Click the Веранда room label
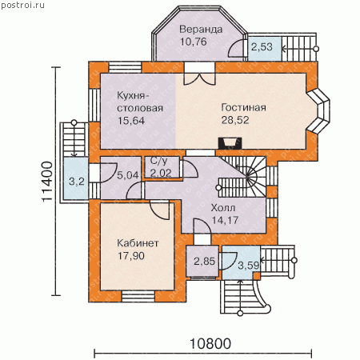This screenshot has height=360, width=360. (201, 29)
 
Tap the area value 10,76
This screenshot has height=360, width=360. (194, 42)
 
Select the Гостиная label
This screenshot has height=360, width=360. (243, 107)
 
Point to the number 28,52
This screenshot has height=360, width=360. (235, 120)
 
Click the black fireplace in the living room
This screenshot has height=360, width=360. (230, 143)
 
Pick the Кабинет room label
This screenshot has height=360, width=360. (138, 243)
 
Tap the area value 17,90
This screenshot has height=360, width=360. (131, 256)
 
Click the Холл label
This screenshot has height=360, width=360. (223, 208)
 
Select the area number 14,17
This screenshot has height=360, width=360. (225, 220)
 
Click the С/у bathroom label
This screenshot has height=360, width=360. (158, 161)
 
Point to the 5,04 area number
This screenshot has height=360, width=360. (128, 175)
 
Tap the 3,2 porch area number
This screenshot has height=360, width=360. (77, 182)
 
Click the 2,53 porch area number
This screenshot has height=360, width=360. (262, 47)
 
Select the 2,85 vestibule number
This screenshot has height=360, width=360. (204, 262)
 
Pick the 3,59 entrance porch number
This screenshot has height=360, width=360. (249, 266)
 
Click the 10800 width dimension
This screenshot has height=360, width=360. (210, 344)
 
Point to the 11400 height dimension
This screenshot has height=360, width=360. (47, 181)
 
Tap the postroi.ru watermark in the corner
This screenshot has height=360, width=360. (23, 6)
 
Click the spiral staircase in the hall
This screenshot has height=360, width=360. (243, 177)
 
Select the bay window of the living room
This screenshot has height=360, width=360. (318, 110)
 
